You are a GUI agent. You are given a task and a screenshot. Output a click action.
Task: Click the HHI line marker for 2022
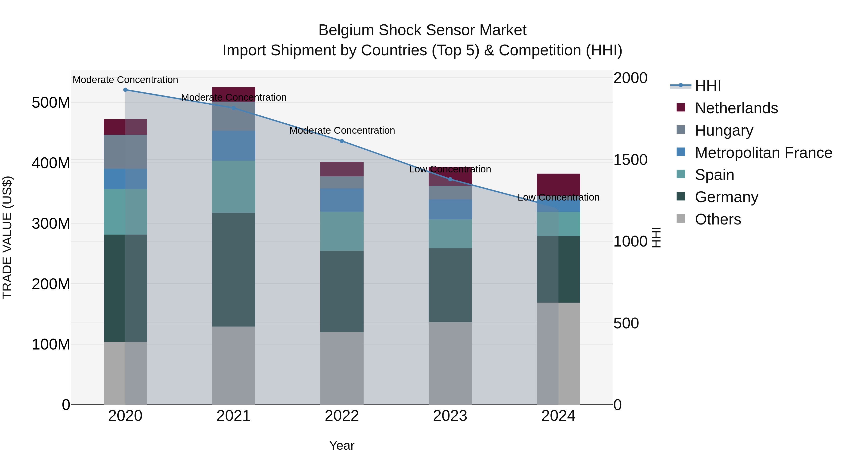(342, 141)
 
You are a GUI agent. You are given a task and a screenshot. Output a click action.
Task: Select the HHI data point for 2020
(125, 90)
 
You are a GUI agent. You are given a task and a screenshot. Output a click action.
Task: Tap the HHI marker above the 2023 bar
(450, 179)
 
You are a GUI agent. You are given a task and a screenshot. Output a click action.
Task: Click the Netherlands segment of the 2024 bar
(558, 184)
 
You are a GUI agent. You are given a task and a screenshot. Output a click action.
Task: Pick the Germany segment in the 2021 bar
(234, 270)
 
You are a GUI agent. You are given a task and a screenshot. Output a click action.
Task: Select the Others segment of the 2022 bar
(342, 368)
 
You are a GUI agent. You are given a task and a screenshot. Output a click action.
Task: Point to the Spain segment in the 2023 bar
(450, 233)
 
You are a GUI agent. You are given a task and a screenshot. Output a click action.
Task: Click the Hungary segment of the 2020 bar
(125, 152)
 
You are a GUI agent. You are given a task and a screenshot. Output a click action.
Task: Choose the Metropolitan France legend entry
(763, 153)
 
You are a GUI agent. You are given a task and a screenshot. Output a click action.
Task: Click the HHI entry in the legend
(708, 86)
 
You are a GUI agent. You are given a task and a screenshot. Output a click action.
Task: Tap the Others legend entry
(718, 219)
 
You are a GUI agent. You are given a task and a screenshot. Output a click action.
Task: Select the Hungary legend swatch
(681, 130)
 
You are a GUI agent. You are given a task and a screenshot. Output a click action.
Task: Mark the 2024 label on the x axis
(558, 416)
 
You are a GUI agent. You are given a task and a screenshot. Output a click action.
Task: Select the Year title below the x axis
(342, 445)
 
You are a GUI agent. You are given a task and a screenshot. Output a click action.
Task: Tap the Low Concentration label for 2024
(558, 197)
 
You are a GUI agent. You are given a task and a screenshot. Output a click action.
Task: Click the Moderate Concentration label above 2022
(342, 130)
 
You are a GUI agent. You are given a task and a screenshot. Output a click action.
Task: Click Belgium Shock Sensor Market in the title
(422, 30)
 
